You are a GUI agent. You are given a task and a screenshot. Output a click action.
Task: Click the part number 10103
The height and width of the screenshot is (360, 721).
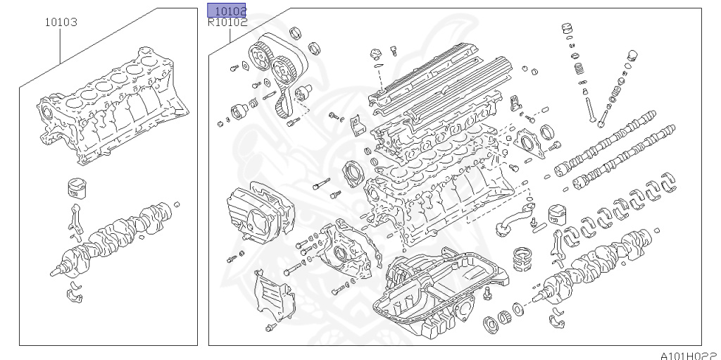pos(61,22)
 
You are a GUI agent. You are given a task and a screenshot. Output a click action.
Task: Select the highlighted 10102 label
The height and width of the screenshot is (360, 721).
pos(227,11)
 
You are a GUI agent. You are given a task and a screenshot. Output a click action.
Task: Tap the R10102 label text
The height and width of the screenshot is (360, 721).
pos(227,23)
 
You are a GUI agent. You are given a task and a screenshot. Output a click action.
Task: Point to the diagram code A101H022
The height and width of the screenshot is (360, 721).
pos(688,354)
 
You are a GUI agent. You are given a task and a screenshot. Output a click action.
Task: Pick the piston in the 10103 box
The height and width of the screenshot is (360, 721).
pos(76,189)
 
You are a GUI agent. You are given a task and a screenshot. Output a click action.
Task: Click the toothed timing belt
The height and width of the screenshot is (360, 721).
pos(282,92)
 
